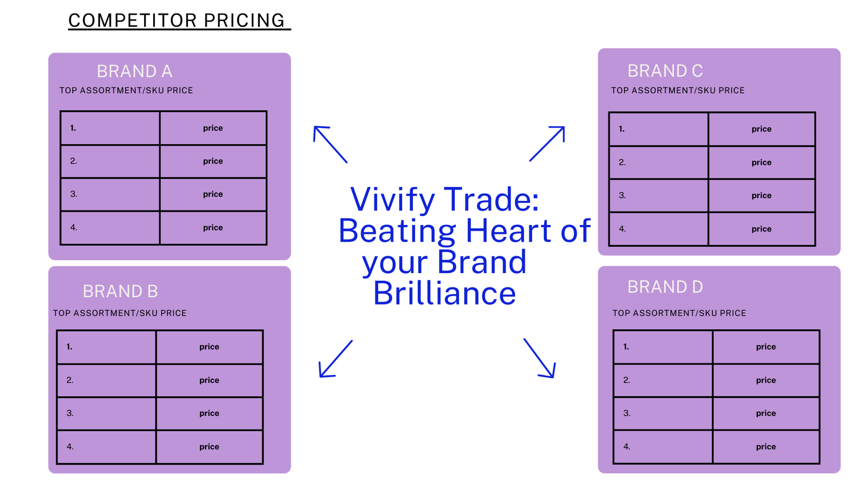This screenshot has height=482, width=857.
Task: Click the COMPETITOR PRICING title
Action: click(177, 20)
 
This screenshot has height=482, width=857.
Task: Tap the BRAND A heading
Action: click(134, 71)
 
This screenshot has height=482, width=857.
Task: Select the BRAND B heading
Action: click(120, 291)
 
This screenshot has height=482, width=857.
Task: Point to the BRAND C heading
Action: click(665, 71)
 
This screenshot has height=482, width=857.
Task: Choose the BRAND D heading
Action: click(665, 287)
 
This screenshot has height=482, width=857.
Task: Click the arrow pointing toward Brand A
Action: click(330, 145)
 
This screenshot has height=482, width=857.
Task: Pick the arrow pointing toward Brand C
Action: click(547, 144)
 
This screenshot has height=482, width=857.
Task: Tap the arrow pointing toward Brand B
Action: click(335, 359)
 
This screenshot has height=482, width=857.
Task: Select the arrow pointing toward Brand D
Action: click(539, 358)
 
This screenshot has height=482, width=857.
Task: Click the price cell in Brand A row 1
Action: click(213, 128)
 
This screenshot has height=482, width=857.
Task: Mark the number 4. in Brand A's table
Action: click(74, 228)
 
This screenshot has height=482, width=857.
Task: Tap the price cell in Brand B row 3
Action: click(209, 413)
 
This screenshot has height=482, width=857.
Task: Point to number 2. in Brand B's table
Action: click(70, 380)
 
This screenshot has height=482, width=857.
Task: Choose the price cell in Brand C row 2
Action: click(761, 163)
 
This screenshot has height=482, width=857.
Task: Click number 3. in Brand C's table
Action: click(622, 195)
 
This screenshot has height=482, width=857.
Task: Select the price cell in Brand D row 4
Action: click(766, 447)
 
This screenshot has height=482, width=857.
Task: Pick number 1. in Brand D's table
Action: click(626, 347)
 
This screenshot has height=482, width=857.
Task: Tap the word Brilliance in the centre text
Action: click(445, 293)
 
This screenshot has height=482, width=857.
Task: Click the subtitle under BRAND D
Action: click(679, 313)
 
